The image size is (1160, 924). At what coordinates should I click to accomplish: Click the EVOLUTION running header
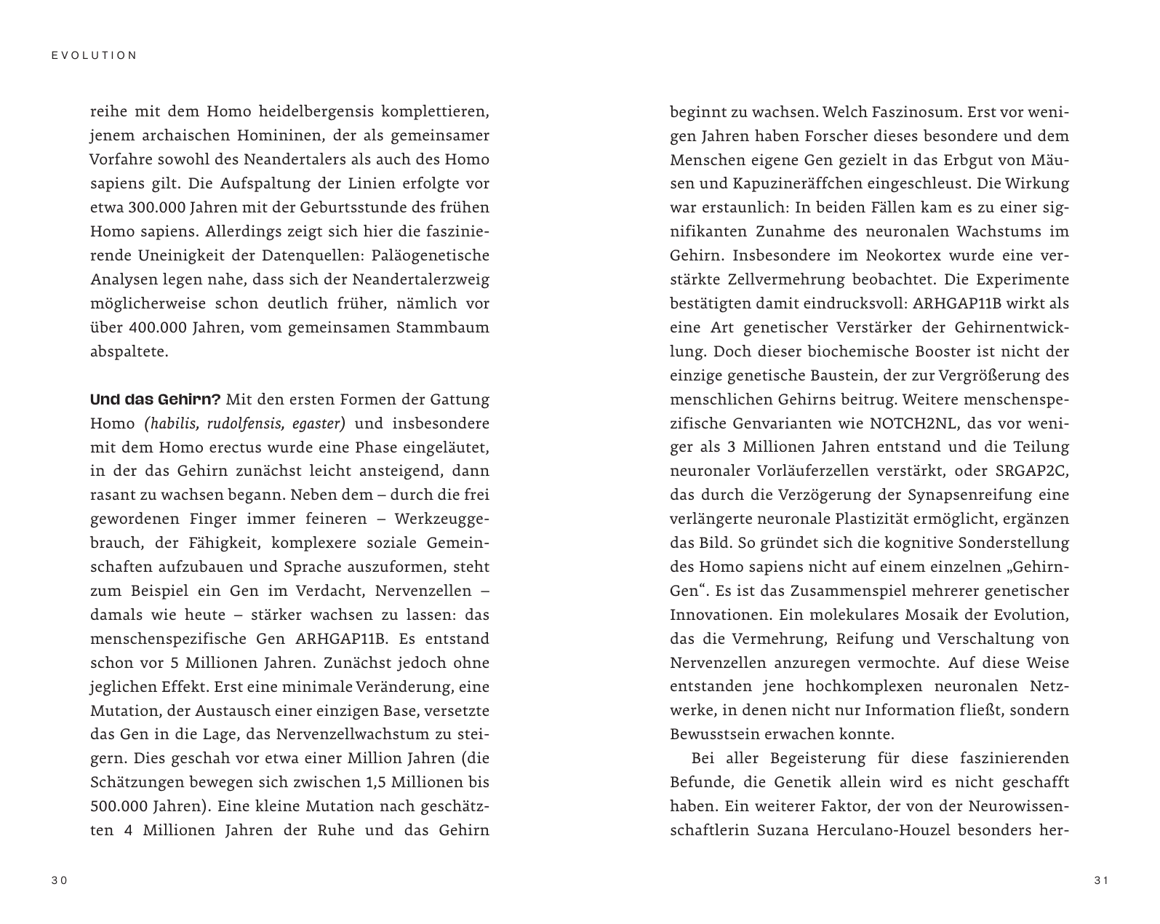[x=95, y=55]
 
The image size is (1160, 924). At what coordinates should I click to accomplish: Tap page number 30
[x=59, y=881]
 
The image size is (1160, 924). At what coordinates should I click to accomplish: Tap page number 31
[x=1101, y=881]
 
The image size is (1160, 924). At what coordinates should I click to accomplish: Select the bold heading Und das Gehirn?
[x=155, y=399]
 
